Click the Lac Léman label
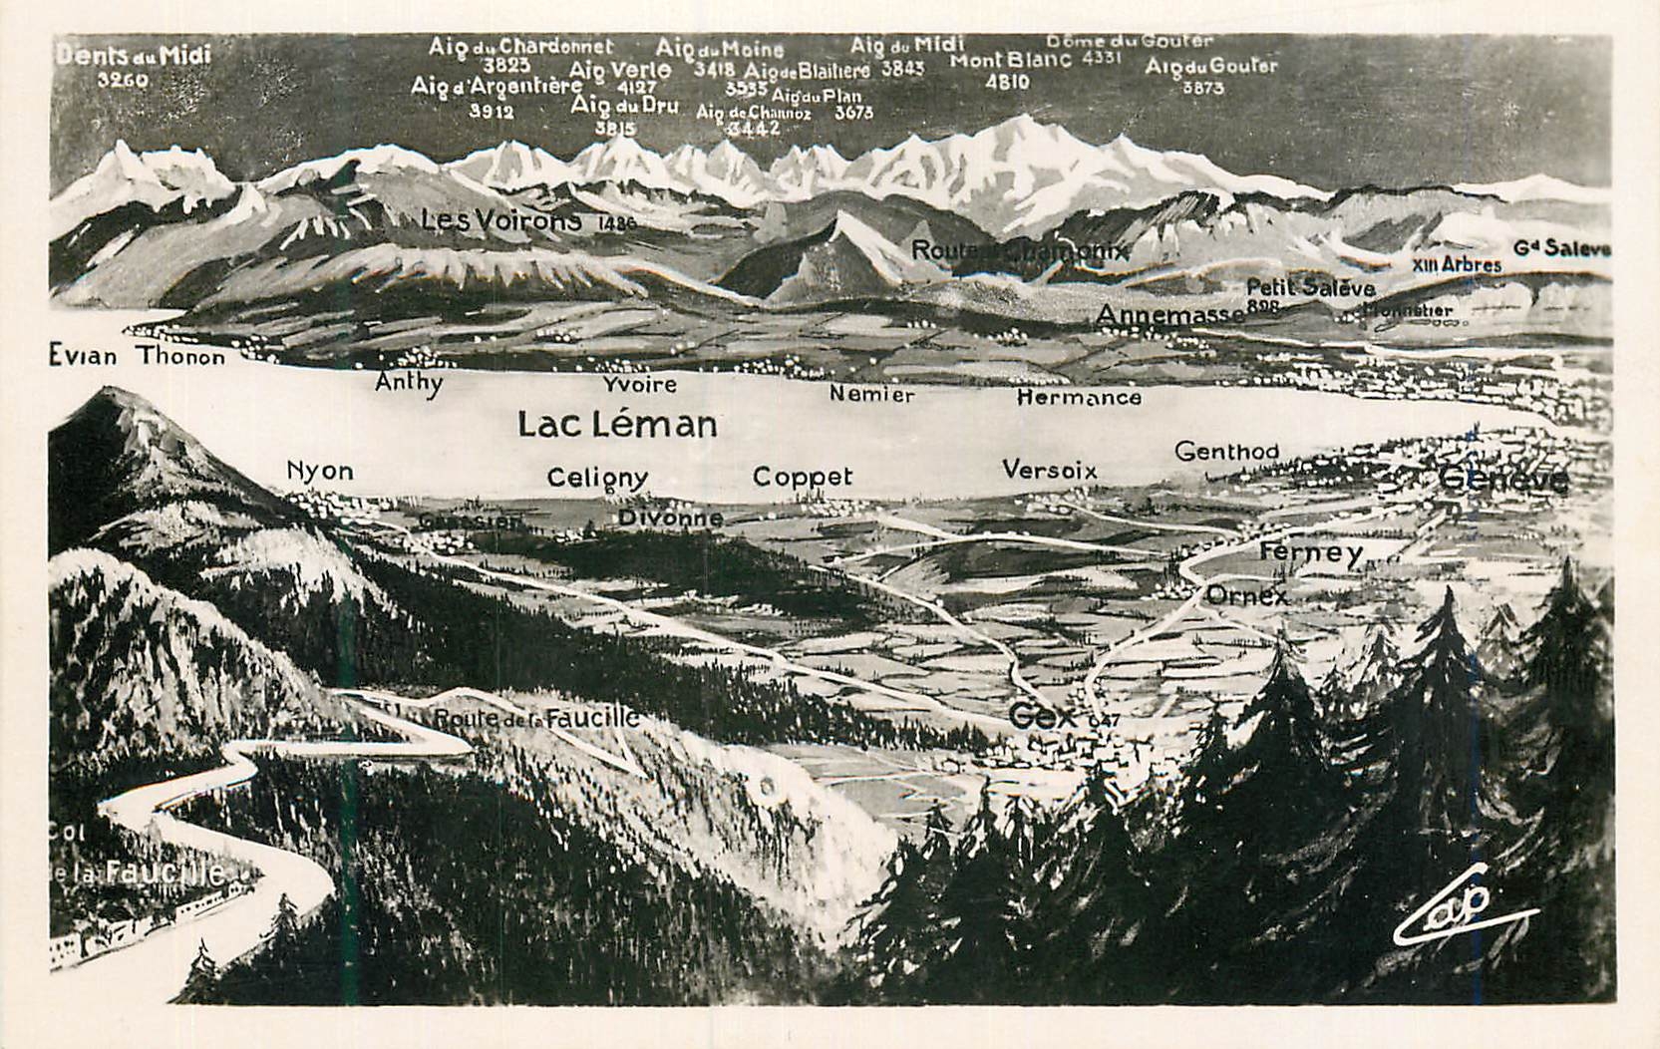point(617,425)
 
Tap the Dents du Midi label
point(133,55)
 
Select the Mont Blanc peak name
point(1011,61)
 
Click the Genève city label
point(1504,482)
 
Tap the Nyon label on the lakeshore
point(319,470)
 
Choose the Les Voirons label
point(500,220)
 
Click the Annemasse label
point(1169,315)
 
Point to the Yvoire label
point(639,384)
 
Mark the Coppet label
point(802,477)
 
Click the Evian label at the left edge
point(83,356)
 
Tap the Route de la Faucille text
point(536,718)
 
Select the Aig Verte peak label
point(619,70)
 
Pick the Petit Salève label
point(1310,288)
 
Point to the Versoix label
point(1049,470)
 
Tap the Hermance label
point(1079,398)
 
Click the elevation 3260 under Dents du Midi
point(123,80)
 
